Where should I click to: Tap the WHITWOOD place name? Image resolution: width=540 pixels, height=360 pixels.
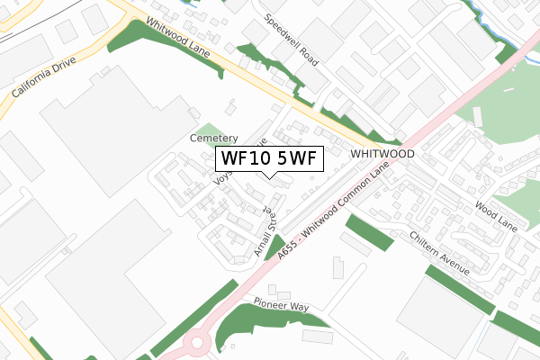click(x=382, y=154)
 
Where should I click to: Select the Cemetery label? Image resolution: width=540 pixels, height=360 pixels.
click(x=213, y=139)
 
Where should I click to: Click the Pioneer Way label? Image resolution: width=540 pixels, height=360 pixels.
click(x=281, y=306)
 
